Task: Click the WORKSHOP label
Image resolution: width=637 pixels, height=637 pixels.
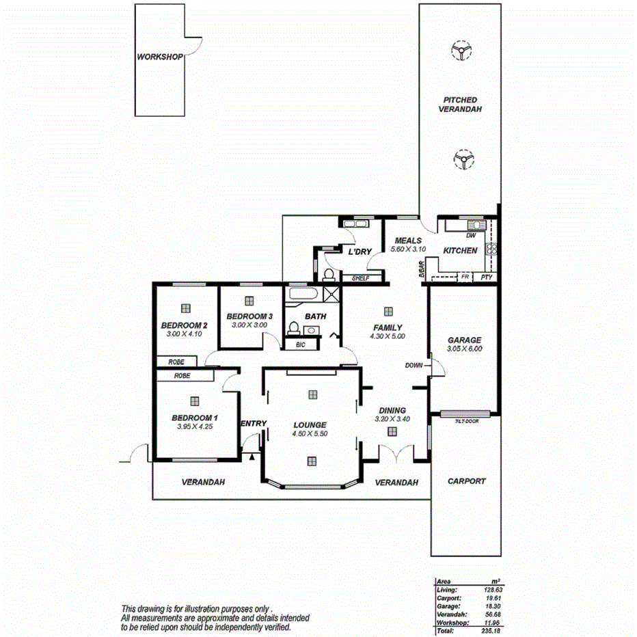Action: pyautogui.click(x=159, y=57)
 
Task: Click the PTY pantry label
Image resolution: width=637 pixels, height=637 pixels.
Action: pyautogui.click(x=486, y=277)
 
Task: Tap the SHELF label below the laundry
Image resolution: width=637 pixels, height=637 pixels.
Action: pyautogui.click(x=360, y=278)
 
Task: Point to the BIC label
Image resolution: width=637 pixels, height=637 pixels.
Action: pyautogui.click(x=300, y=345)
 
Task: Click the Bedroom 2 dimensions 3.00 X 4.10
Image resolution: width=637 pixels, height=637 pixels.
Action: pyautogui.click(x=185, y=334)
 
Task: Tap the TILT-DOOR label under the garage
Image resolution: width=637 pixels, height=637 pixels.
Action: pyautogui.click(x=465, y=422)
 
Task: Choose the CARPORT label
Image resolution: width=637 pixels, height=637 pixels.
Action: pyautogui.click(x=466, y=481)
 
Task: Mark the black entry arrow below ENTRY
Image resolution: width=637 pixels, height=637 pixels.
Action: pyautogui.click(x=252, y=456)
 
